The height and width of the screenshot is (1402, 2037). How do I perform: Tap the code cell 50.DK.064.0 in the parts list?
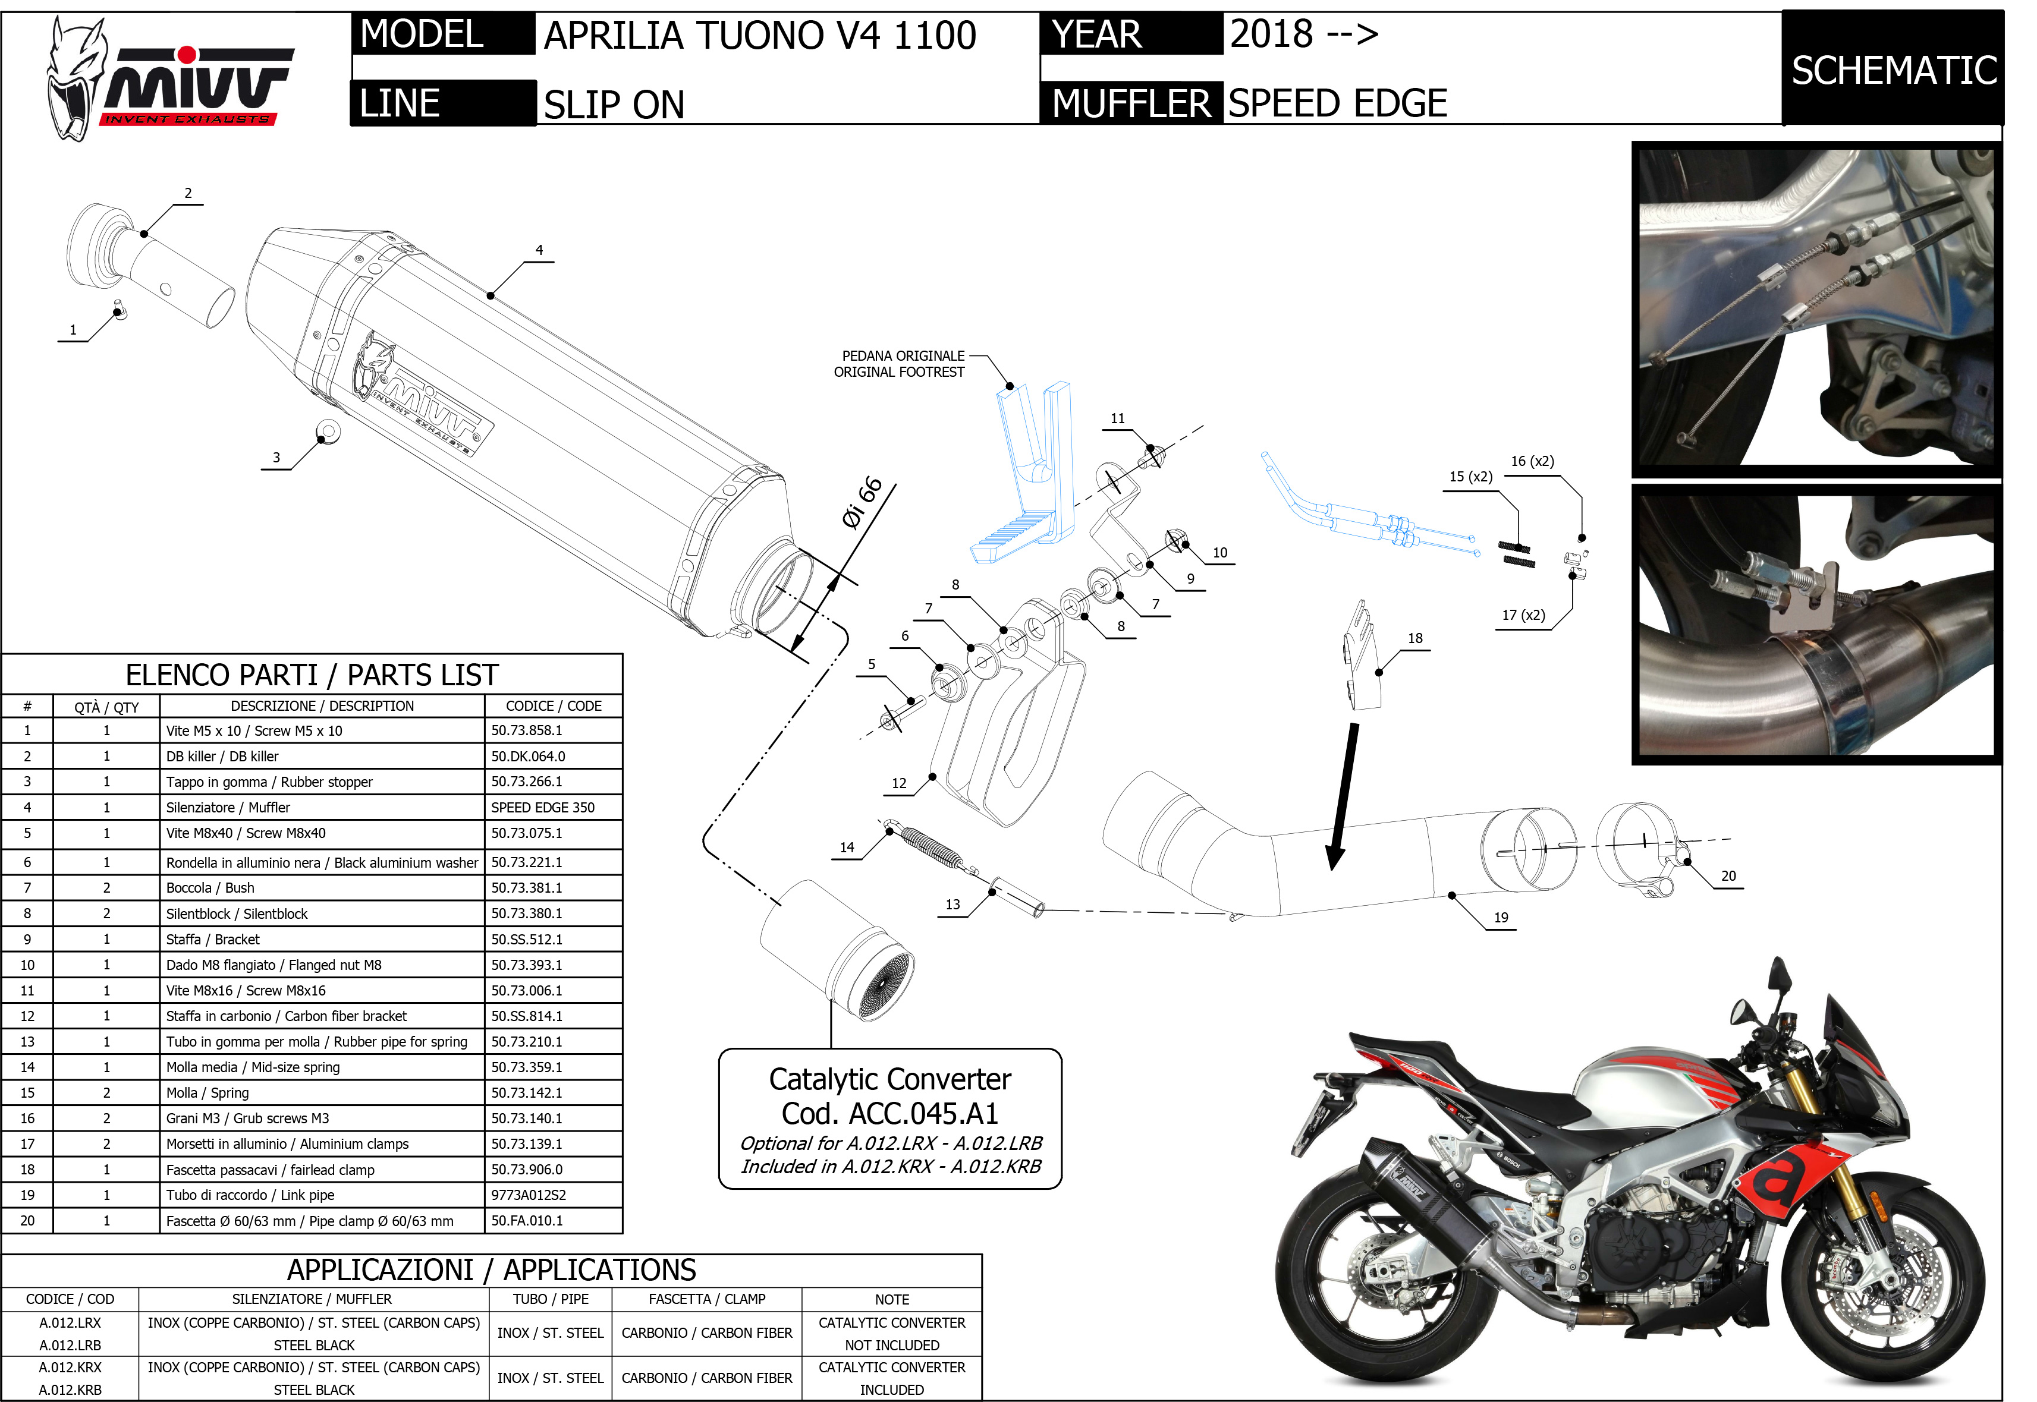pyautogui.click(x=528, y=757)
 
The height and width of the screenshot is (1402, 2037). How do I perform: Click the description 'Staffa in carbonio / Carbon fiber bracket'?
pyautogui.click(x=287, y=1016)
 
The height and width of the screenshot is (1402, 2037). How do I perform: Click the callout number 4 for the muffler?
pyautogui.click(x=539, y=250)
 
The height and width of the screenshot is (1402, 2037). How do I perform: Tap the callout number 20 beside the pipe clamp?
pyautogui.click(x=1728, y=876)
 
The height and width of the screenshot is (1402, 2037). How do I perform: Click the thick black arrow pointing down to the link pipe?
pyautogui.click(x=1344, y=795)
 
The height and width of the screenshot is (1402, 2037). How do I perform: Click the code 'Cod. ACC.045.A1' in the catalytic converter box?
pyautogui.click(x=889, y=1114)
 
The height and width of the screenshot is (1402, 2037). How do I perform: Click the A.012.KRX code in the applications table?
pyautogui.click(x=70, y=1368)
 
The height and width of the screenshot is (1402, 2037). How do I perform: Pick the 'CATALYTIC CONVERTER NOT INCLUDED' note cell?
pyautogui.click(x=891, y=1334)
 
